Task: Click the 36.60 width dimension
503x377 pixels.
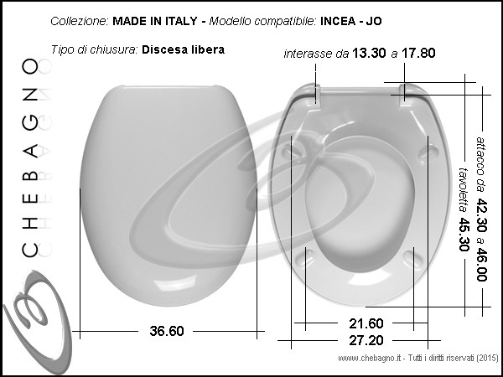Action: pos(167,331)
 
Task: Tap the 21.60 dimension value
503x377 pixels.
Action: pos(366,323)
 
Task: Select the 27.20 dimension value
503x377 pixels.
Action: pos(366,340)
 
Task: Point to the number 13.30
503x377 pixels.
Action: pos(369,53)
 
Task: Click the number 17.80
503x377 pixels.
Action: pos(418,53)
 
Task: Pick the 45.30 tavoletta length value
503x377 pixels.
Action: pos(464,235)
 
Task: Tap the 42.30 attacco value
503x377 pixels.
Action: pos(481,215)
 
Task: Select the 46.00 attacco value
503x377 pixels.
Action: pos(481,265)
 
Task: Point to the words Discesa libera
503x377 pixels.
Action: pos(183,49)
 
